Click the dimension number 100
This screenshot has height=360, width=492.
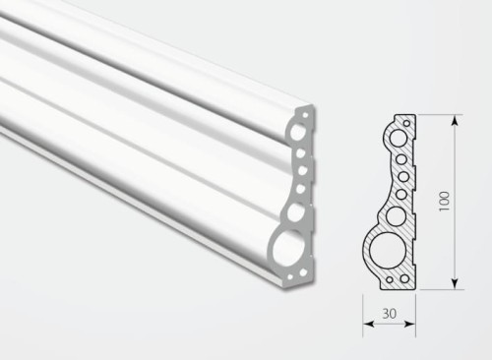(x=444, y=201)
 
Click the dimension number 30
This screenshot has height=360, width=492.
(x=390, y=314)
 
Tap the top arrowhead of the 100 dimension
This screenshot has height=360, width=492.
(x=455, y=120)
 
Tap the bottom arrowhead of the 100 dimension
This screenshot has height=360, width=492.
(x=455, y=283)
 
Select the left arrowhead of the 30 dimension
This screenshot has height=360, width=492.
(x=369, y=324)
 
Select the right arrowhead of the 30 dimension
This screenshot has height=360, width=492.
(x=410, y=324)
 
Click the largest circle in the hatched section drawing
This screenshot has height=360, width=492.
(x=388, y=252)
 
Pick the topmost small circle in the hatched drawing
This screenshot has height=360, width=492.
(x=407, y=124)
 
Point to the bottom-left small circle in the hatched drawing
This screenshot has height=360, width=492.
(x=390, y=280)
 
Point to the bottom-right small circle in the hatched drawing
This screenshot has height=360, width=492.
(x=404, y=278)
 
